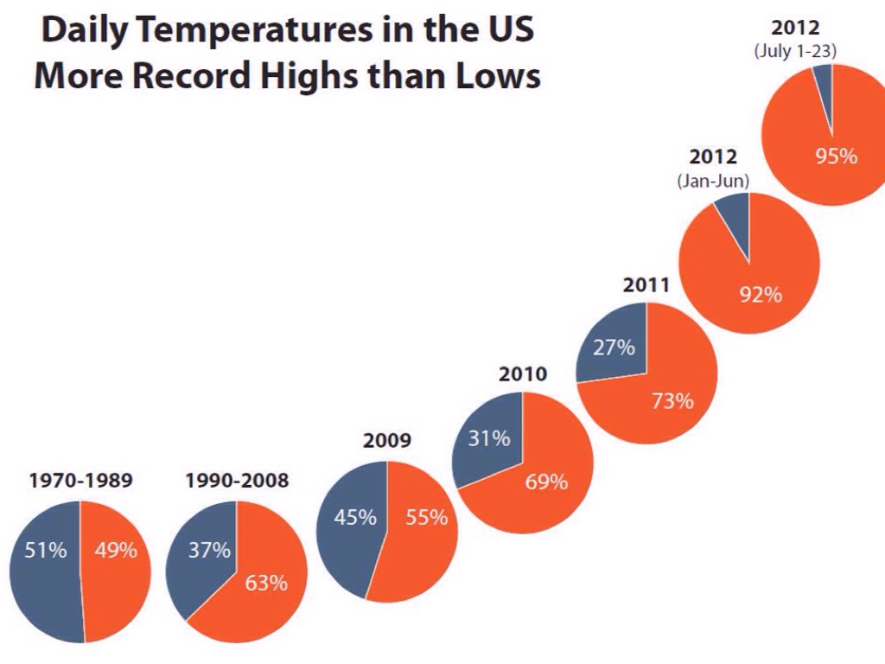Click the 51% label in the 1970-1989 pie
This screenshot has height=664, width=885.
[x=46, y=550]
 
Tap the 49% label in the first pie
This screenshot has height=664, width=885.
[x=116, y=550]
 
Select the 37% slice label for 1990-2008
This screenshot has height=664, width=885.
[x=210, y=550]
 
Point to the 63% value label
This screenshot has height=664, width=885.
[x=266, y=583]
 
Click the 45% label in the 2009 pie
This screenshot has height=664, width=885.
[x=355, y=518]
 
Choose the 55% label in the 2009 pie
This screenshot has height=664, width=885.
[x=427, y=518]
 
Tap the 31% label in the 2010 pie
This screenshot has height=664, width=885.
[x=489, y=438]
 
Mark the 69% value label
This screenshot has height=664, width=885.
[x=547, y=482]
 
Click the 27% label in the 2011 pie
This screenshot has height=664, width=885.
[x=614, y=348]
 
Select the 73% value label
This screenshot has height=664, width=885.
[x=672, y=401]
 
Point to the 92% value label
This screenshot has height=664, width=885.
[x=761, y=295]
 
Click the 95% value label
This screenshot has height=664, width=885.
[x=837, y=156]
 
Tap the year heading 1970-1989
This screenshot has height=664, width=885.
[x=81, y=481]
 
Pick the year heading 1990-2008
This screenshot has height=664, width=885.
[x=237, y=481]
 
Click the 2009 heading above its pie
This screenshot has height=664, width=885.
[x=387, y=441]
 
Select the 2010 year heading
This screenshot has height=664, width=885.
[x=523, y=374]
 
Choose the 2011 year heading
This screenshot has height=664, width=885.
[x=646, y=284]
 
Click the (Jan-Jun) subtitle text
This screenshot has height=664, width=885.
[x=713, y=182]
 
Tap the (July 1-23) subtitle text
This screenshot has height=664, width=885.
[x=795, y=51]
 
